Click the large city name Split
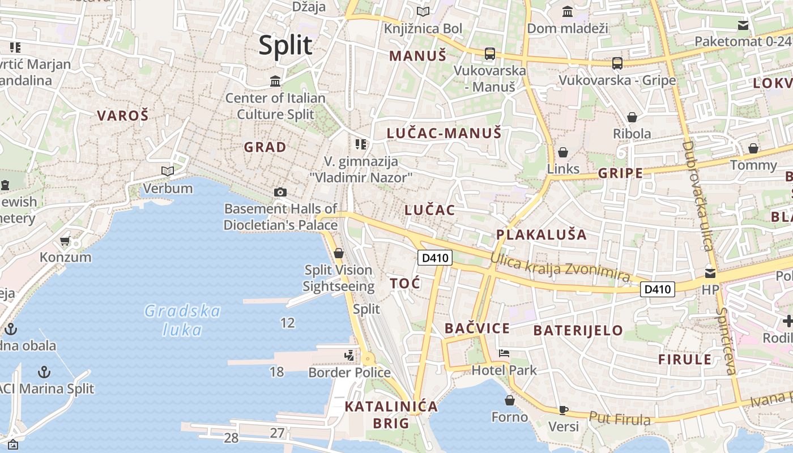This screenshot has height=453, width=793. point(285,45)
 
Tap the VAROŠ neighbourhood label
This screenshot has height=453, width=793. point(122,116)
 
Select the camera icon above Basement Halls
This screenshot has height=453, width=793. point(280,192)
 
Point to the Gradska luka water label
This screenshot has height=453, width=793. point(182,320)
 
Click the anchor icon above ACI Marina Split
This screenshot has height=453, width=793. point(44,372)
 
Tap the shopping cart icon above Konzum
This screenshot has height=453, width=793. point(65,241)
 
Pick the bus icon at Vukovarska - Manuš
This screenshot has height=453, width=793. point(490,54)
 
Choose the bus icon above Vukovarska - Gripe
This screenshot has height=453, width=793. point(617,63)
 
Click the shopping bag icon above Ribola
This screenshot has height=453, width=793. point(632,117)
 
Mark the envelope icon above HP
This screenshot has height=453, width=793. point(710,273)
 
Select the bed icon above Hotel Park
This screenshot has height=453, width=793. point(504,354)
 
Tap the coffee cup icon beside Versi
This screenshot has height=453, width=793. point(563,409)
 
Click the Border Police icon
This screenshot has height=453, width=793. point(349,356)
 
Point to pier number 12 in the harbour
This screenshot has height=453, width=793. point(288,323)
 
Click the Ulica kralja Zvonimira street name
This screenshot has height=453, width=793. point(560,268)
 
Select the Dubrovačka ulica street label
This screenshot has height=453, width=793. point(697,195)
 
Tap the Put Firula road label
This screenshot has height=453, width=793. point(620,419)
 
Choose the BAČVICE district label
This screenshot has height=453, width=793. point(477,328)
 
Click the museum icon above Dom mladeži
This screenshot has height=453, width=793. point(567,11)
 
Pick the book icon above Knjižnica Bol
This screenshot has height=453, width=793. point(423,11)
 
